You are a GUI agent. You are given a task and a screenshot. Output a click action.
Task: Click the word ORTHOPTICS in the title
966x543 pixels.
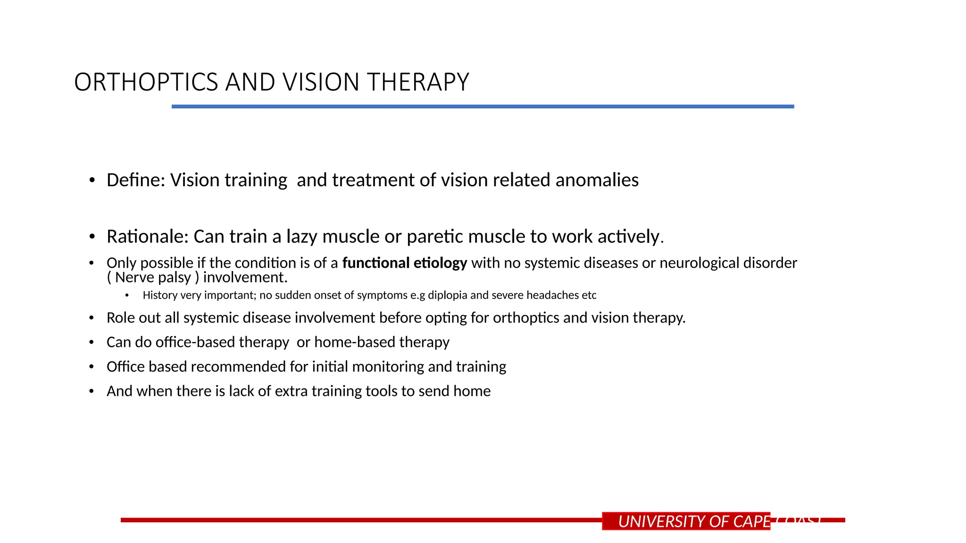click(x=146, y=82)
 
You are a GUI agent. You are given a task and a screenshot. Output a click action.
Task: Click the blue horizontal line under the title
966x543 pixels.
click(x=483, y=107)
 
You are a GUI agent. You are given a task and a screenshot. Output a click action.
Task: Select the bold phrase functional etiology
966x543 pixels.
click(x=404, y=263)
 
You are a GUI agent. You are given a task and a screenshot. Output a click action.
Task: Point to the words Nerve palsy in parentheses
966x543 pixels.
click(x=153, y=278)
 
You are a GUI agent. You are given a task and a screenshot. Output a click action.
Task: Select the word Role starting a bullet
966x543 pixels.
click(x=120, y=318)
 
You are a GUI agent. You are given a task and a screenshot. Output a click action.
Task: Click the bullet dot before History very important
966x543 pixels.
click(x=126, y=296)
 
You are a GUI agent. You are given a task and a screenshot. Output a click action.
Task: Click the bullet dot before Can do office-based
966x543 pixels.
click(x=92, y=342)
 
